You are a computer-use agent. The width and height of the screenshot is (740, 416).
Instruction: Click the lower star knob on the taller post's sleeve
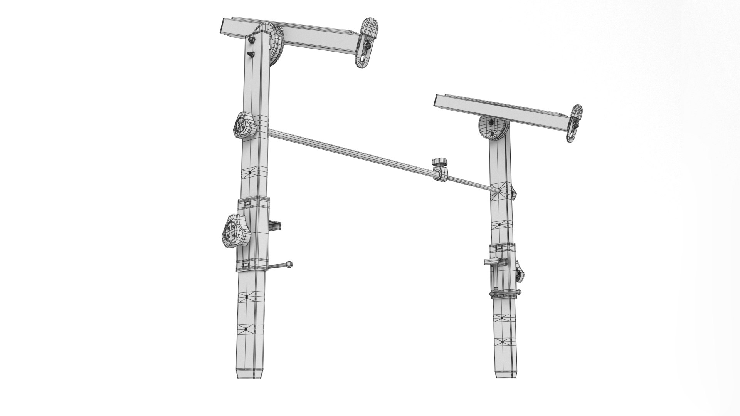235,230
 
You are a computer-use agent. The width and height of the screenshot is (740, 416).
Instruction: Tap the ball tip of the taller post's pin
289,264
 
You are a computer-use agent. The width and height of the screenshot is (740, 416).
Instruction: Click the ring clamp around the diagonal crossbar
441,176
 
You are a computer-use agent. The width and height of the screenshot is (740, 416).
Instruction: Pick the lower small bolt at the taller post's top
251,54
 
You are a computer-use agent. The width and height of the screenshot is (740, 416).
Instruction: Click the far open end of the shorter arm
441,101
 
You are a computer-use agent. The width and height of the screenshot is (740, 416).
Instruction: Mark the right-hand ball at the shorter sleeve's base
520,292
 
